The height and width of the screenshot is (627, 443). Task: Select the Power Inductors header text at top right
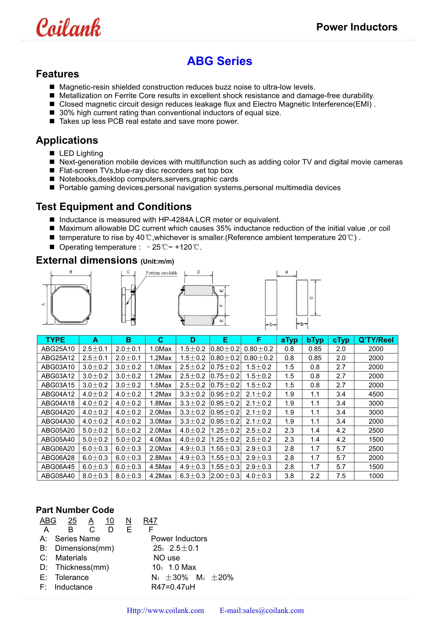356,27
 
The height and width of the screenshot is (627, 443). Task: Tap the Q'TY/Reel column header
376,340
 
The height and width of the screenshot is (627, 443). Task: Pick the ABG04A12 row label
58,394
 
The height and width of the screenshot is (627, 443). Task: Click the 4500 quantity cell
376,394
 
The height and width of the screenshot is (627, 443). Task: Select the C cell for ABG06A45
161,467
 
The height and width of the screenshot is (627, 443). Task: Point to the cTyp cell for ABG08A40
341,476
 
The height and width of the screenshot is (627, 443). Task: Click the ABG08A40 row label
58,476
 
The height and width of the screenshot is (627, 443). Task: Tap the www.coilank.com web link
166,610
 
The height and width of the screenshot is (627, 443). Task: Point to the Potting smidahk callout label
161,273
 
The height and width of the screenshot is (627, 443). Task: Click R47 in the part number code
150,521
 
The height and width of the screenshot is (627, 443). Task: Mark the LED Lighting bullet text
81,153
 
